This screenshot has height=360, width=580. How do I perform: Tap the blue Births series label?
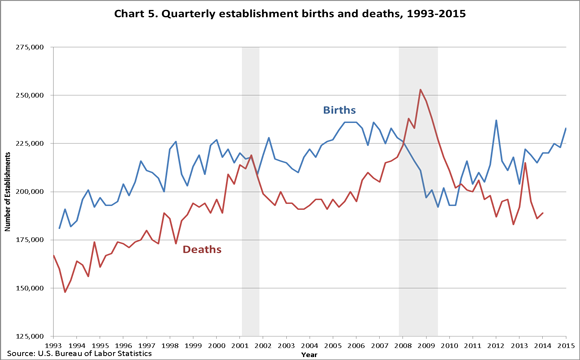[x=338, y=109]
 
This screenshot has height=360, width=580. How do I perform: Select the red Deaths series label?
[x=200, y=249]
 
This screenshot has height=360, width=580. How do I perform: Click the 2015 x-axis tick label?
[x=566, y=345]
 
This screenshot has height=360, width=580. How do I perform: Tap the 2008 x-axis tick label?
[x=402, y=345]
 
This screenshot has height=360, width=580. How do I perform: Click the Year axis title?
[x=309, y=353]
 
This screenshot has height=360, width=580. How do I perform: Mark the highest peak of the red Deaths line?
[x=420, y=90]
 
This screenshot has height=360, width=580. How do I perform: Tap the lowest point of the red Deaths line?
[x=65, y=292]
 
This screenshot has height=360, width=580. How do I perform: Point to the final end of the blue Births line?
[x=566, y=128]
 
